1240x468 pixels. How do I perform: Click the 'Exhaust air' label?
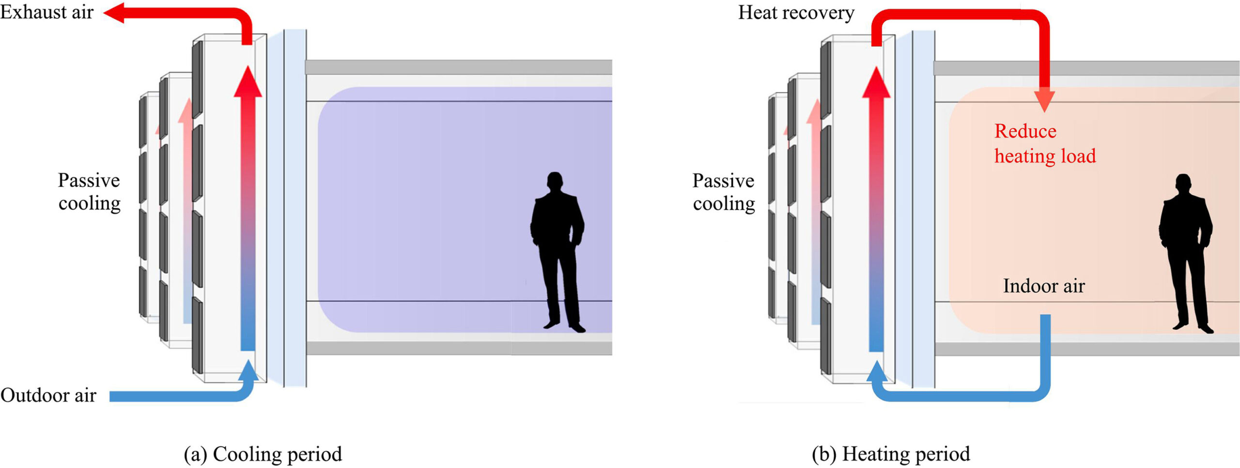46,12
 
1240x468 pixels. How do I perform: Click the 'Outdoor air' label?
48,395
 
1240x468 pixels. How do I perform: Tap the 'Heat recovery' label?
796,13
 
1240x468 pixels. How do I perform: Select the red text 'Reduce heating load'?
1044,144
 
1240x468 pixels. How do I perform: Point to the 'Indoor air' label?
1044,286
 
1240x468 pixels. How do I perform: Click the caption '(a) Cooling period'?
263,454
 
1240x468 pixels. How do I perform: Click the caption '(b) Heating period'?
891,454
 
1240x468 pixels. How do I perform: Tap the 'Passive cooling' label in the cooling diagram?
89,192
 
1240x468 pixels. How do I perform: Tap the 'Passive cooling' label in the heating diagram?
724,192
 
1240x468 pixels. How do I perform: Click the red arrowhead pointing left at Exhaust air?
114,13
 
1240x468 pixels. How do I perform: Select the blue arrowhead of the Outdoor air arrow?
249,371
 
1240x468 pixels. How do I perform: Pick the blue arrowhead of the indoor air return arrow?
876,372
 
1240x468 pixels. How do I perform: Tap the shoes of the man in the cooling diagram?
565,327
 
